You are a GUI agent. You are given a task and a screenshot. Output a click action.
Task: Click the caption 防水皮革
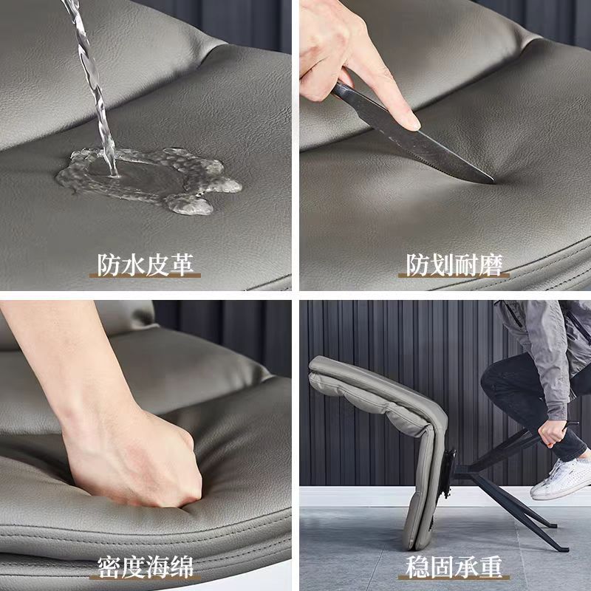pyautogui.click(x=146, y=264)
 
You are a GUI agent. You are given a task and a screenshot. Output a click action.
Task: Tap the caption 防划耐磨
pyautogui.click(x=454, y=265)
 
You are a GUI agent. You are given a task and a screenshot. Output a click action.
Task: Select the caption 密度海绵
pyautogui.click(x=146, y=567)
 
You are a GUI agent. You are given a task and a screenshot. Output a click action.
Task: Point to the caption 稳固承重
pyautogui.click(x=454, y=567)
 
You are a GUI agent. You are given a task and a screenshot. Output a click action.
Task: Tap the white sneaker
pyautogui.click(x=561, y=479)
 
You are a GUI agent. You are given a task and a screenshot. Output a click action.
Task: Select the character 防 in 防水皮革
pyautogui.click(x=109, y=264)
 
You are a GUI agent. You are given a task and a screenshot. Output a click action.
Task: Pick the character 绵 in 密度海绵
pyautogui.click(x=182, y=567)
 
